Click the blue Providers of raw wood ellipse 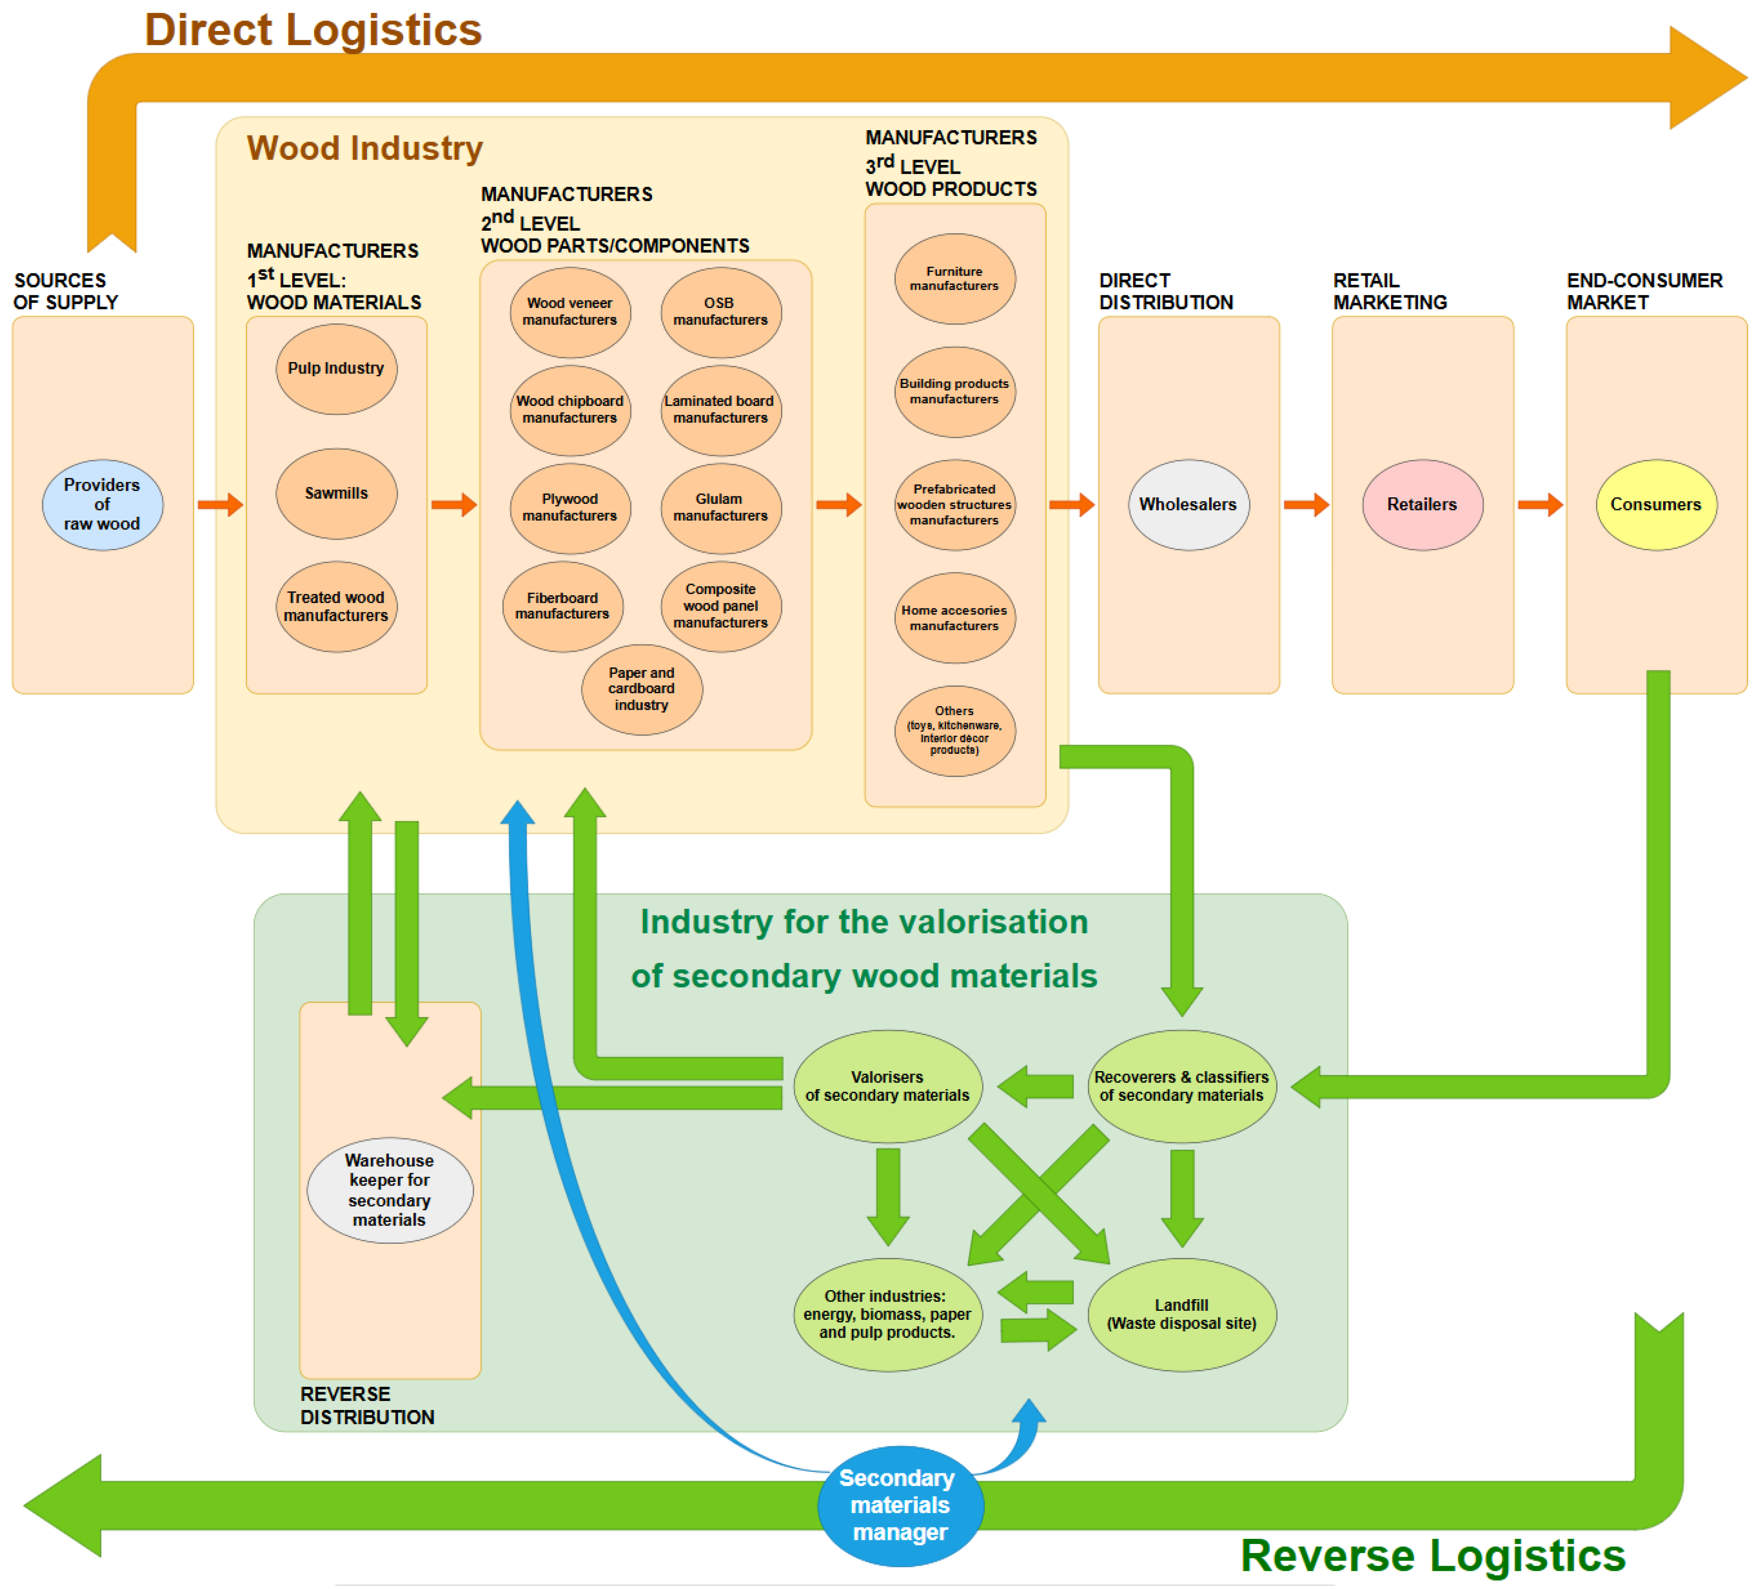[102, 505]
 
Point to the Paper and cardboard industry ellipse [641, 689]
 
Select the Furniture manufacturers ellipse [954, 279]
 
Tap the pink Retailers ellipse [1422, 505]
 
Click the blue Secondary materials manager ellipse [900, 1505]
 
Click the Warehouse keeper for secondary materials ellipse [390, 1190]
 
